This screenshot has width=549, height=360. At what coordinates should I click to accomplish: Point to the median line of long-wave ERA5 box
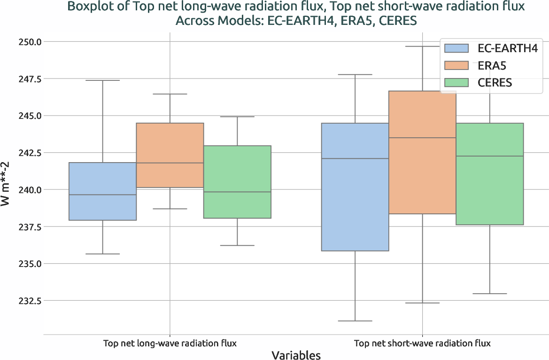[170, 163]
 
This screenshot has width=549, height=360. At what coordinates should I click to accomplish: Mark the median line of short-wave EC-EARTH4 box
[355, 159]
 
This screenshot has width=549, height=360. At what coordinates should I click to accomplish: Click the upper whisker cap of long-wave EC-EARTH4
[102, 80]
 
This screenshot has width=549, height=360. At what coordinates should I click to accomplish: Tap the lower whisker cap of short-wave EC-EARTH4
[355, 321]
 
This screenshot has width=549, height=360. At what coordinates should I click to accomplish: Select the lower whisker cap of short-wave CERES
[490, 294]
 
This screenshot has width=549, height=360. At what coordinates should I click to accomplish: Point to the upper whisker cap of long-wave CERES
[237, 117]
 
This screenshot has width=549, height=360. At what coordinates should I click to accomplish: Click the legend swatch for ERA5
[456, 65]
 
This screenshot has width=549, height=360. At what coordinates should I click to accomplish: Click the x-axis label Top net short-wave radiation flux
[422, 343]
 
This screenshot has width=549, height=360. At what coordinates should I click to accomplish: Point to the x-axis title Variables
[296, 355]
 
